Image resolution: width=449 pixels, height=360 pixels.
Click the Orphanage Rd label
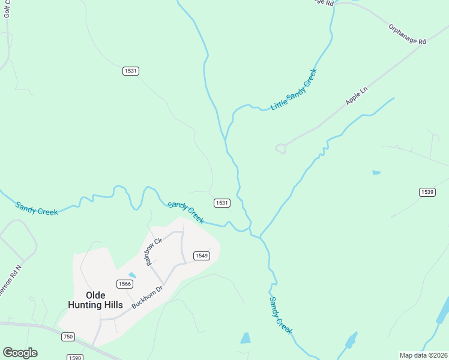point(407,35)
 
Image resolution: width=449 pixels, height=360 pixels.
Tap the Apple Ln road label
point(357,96)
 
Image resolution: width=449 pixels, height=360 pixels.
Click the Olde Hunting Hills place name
point(96,300)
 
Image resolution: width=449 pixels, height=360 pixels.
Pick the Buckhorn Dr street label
point(148,297)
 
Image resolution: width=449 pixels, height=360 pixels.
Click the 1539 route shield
point(427,192)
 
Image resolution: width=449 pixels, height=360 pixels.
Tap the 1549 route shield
point(201,256)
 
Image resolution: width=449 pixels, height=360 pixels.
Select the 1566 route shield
point(125,284)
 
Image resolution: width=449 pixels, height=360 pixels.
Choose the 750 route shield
point(68,337)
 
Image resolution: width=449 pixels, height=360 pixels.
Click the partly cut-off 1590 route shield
point(75,357)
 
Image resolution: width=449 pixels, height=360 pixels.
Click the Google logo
point(20,353)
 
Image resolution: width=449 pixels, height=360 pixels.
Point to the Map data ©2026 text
point(423,355)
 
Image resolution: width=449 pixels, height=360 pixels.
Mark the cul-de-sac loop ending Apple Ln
point(280,148)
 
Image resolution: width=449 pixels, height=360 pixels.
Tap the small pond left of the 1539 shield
point(376,173)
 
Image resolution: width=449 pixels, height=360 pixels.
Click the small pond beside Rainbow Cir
point(132,275)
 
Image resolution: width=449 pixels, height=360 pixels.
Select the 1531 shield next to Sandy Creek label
point(221,203)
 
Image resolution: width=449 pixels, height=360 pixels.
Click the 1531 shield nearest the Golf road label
point(131,71)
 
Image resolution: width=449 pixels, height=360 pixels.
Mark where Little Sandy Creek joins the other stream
point(226,139)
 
